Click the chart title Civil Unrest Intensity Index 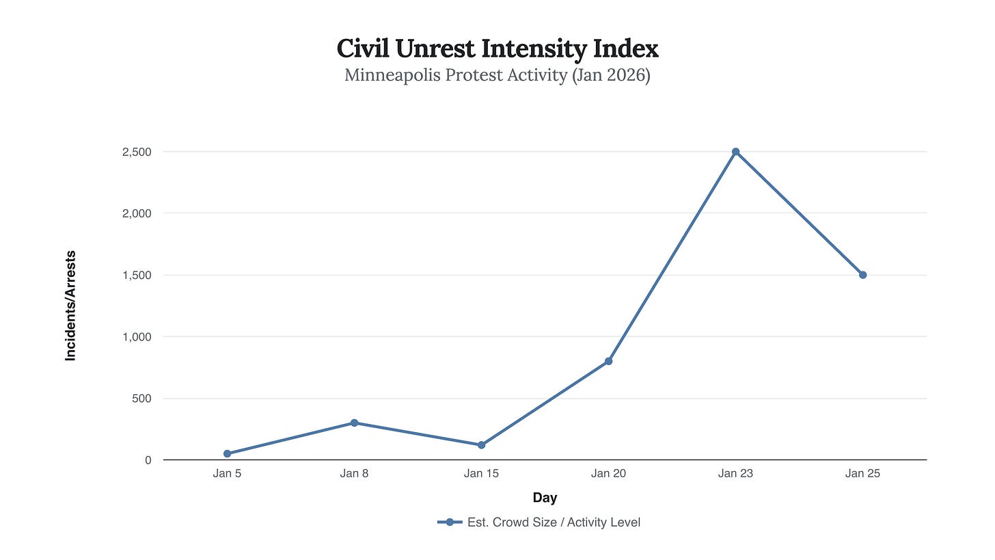(497, 49)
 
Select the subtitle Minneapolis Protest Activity (497, 75)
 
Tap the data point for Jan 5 (227, 453)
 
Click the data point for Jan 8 (354, 423)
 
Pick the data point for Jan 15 (481, 445)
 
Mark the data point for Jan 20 (608, 361)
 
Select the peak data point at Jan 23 (735, 152)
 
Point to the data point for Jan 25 (862, 275)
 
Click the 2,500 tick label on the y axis (137, 152)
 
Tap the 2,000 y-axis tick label (137, 213)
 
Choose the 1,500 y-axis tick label (137, 275)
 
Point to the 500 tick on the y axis (141, 398)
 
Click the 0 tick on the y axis (148, 460)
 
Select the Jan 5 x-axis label (227, 473)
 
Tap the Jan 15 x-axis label (481, 473)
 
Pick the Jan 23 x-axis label (735, 473)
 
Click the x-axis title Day (545, 498)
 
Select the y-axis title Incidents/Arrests (70, 306)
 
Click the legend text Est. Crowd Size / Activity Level (554, 522)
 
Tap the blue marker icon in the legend (450, 522)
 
